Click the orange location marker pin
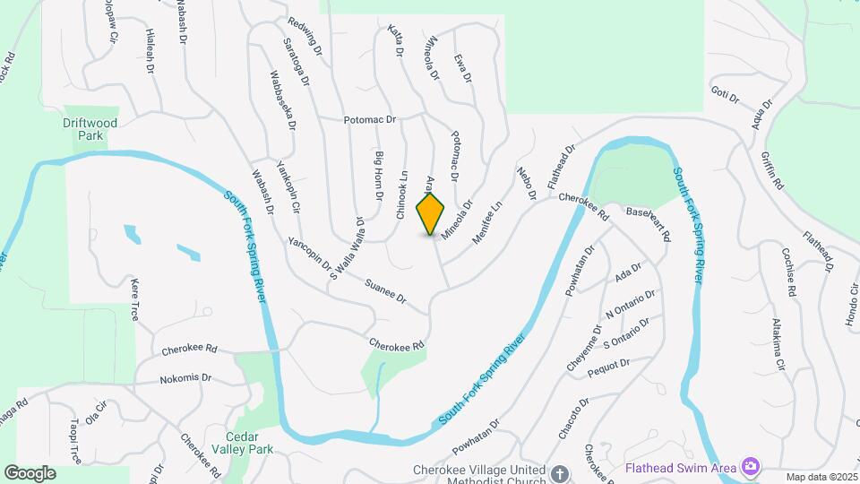pyautogui.click(x=431, y=213)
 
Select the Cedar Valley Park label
pyautogui.click(x=243, y=444)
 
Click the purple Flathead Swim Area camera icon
pyautogui.click(x=751, y=466)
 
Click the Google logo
pyautogui.click(x=30, y=472)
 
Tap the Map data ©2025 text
pyautogui.click(x=821, y=477)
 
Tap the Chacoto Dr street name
pyautogui.click(x=572, y=419)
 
